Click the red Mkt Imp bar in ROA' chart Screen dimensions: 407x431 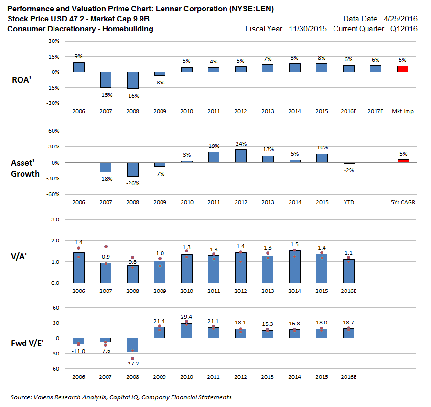click(x=403, y=69)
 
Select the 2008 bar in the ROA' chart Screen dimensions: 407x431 click(x=132, y=80)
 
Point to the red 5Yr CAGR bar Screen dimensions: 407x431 click(x=403, y=161)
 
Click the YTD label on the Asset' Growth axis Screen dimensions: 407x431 click(x=349, y=202)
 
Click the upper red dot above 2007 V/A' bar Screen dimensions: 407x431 click(x=106, y=247)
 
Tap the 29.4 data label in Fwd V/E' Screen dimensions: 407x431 click(x=186, y=316)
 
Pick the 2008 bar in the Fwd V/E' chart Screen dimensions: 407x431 click(x=132, y=345)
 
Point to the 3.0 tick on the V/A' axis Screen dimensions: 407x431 click(x=54, y=220)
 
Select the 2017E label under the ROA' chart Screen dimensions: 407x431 click(x=376, y=111)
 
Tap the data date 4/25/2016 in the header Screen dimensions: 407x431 click(x=400, y=19)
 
